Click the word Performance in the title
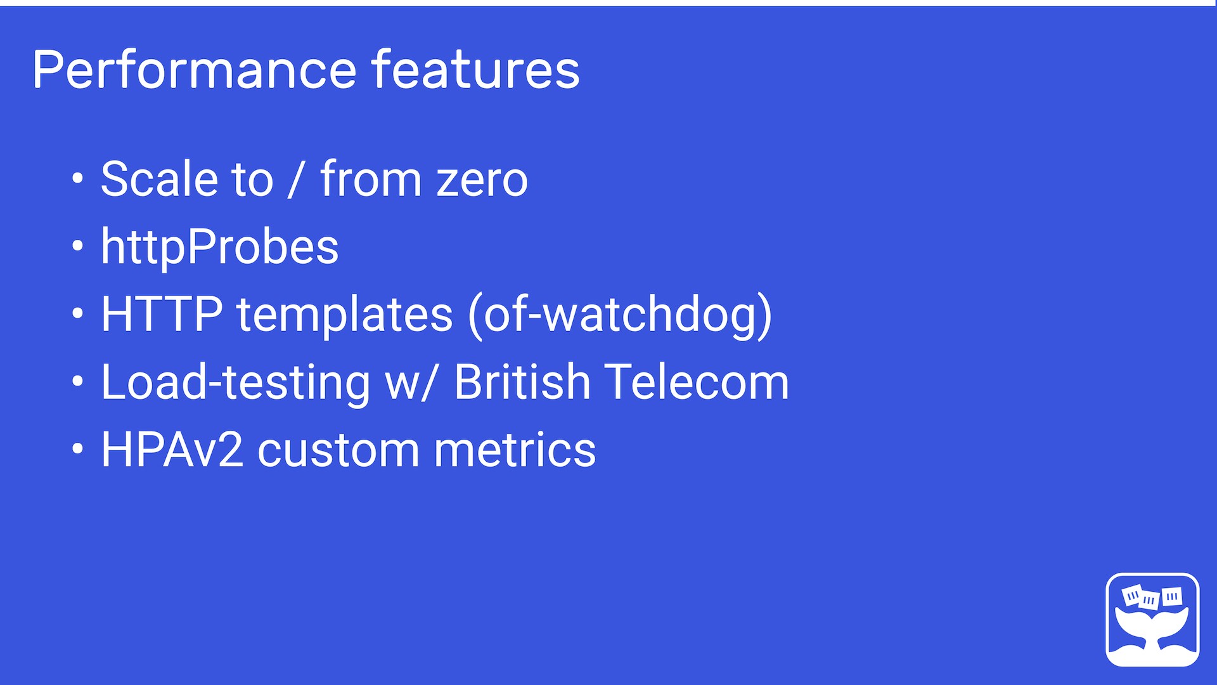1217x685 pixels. (x=195, y=70)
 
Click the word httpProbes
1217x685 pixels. (x=220, y=247)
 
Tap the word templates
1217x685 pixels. (x=345, y=315)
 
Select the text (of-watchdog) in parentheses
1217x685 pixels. (x=620, y=315)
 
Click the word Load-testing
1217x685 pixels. (x=236, y=382)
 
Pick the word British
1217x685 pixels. (x=522, y=382)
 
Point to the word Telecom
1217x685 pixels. (x=697, y=382)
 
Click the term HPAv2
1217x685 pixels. (x=172, y=450)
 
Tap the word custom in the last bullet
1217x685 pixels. (x=338, y=451)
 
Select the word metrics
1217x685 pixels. (x=515, y=451)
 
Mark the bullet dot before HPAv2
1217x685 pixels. (x=77, y=449)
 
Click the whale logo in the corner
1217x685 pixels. (x=1152, y=620)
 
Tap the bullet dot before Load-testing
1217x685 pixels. (x=77, y=381)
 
